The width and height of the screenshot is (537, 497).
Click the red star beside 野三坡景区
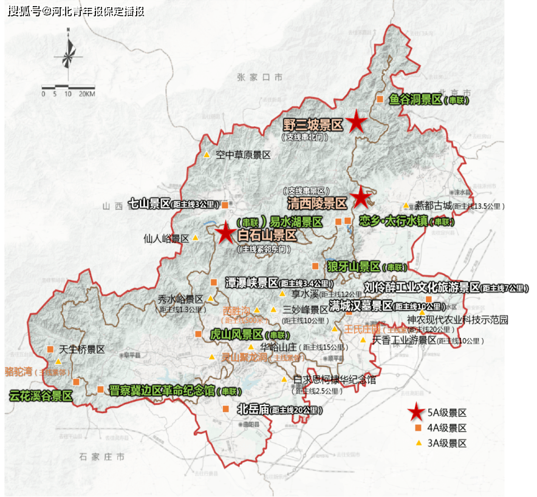click(x=356, y=123)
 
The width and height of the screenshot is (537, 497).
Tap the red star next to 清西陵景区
click(x=361, y=197)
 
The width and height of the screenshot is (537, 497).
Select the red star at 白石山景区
click(x=226, y=232)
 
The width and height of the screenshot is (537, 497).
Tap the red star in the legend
click(x=416, y=413)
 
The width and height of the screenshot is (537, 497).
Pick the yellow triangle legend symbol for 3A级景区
click(x=418, y=444)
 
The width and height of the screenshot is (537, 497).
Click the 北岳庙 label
click(x=253, y=409)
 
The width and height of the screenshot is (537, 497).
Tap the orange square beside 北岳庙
click(x=225, y=409)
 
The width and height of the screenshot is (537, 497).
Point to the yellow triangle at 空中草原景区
click(x=207, y=155)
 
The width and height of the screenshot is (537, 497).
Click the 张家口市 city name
click(x=260, y=77)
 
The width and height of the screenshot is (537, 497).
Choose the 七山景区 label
click(x=149, y=204)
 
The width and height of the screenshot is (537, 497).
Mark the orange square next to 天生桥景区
click(x=50, y=349)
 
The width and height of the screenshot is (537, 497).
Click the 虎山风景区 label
click(x=236, y=334)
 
